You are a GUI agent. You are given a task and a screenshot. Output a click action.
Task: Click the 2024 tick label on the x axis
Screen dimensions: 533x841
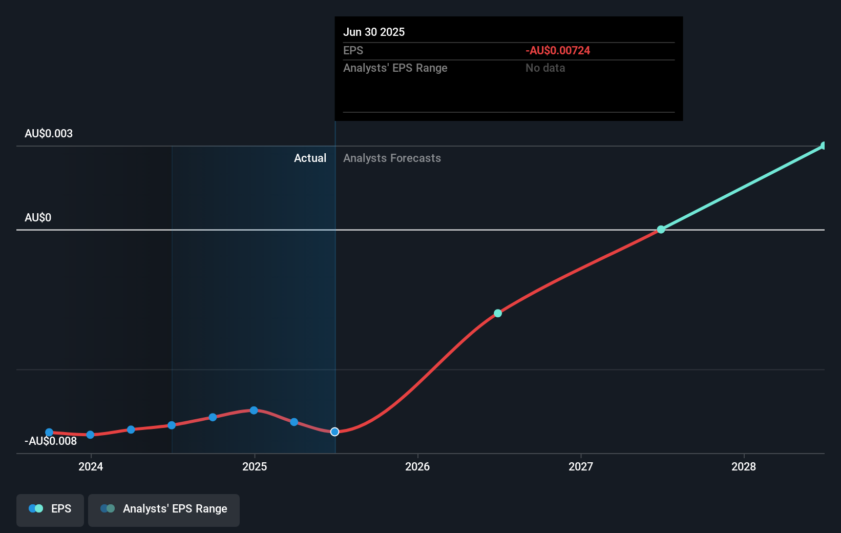tap(91, 466)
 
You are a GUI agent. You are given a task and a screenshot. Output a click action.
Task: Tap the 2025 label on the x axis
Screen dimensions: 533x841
tap(255, 466)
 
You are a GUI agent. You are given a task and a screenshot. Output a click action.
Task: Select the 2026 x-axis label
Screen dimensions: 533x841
tap(417, 466)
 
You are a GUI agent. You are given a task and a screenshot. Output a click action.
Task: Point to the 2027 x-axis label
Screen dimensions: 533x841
tap(581, 466)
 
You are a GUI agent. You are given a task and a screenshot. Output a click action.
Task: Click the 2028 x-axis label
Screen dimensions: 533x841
tap(744, 466)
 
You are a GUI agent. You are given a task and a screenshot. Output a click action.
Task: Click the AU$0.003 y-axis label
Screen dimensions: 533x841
tap(49, 134)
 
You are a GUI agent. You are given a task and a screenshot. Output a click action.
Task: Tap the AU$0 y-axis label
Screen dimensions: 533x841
tap(38, 218)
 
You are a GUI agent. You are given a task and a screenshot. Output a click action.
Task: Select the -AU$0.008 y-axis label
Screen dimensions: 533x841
tap(51, 441)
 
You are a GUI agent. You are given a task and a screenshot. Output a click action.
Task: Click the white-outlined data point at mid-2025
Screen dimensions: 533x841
tap(334, 432)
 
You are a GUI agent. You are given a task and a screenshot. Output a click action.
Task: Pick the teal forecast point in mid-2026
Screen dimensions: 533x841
tap(498, 313)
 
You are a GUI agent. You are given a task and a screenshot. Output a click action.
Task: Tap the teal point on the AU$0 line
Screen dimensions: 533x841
tap(661, 230)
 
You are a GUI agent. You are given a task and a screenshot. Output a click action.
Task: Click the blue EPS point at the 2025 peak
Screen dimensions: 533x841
tap(254, 411)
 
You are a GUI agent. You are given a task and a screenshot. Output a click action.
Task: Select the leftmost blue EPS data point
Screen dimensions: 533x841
tap(49, 433)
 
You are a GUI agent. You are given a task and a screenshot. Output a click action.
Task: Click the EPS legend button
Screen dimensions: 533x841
tap(50, 509)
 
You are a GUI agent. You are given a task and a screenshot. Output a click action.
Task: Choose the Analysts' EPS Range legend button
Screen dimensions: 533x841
tap(164, 509)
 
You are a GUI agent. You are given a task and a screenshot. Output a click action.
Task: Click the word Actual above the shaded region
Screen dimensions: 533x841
tap(310, 158)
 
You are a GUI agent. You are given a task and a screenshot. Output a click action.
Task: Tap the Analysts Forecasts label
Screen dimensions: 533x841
tap(392, 158)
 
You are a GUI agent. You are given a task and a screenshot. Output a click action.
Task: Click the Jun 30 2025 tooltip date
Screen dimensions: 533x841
tap(374, 32)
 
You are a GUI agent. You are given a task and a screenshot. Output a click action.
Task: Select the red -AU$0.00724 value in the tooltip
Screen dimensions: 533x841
tap(558, 51)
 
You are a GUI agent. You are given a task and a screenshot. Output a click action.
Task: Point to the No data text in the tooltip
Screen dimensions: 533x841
tap(545, 68)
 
